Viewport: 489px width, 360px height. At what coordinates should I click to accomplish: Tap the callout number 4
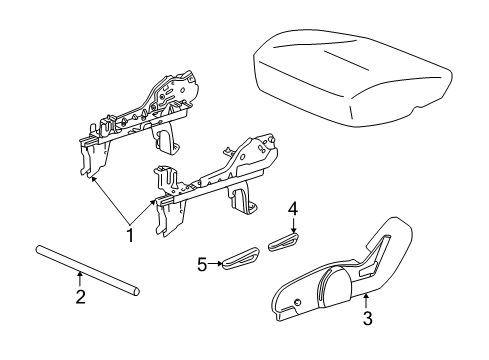pyautogui.click(x=293, y=209)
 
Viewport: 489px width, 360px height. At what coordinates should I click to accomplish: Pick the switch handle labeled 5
pyautogui.click(x=241, y=261)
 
